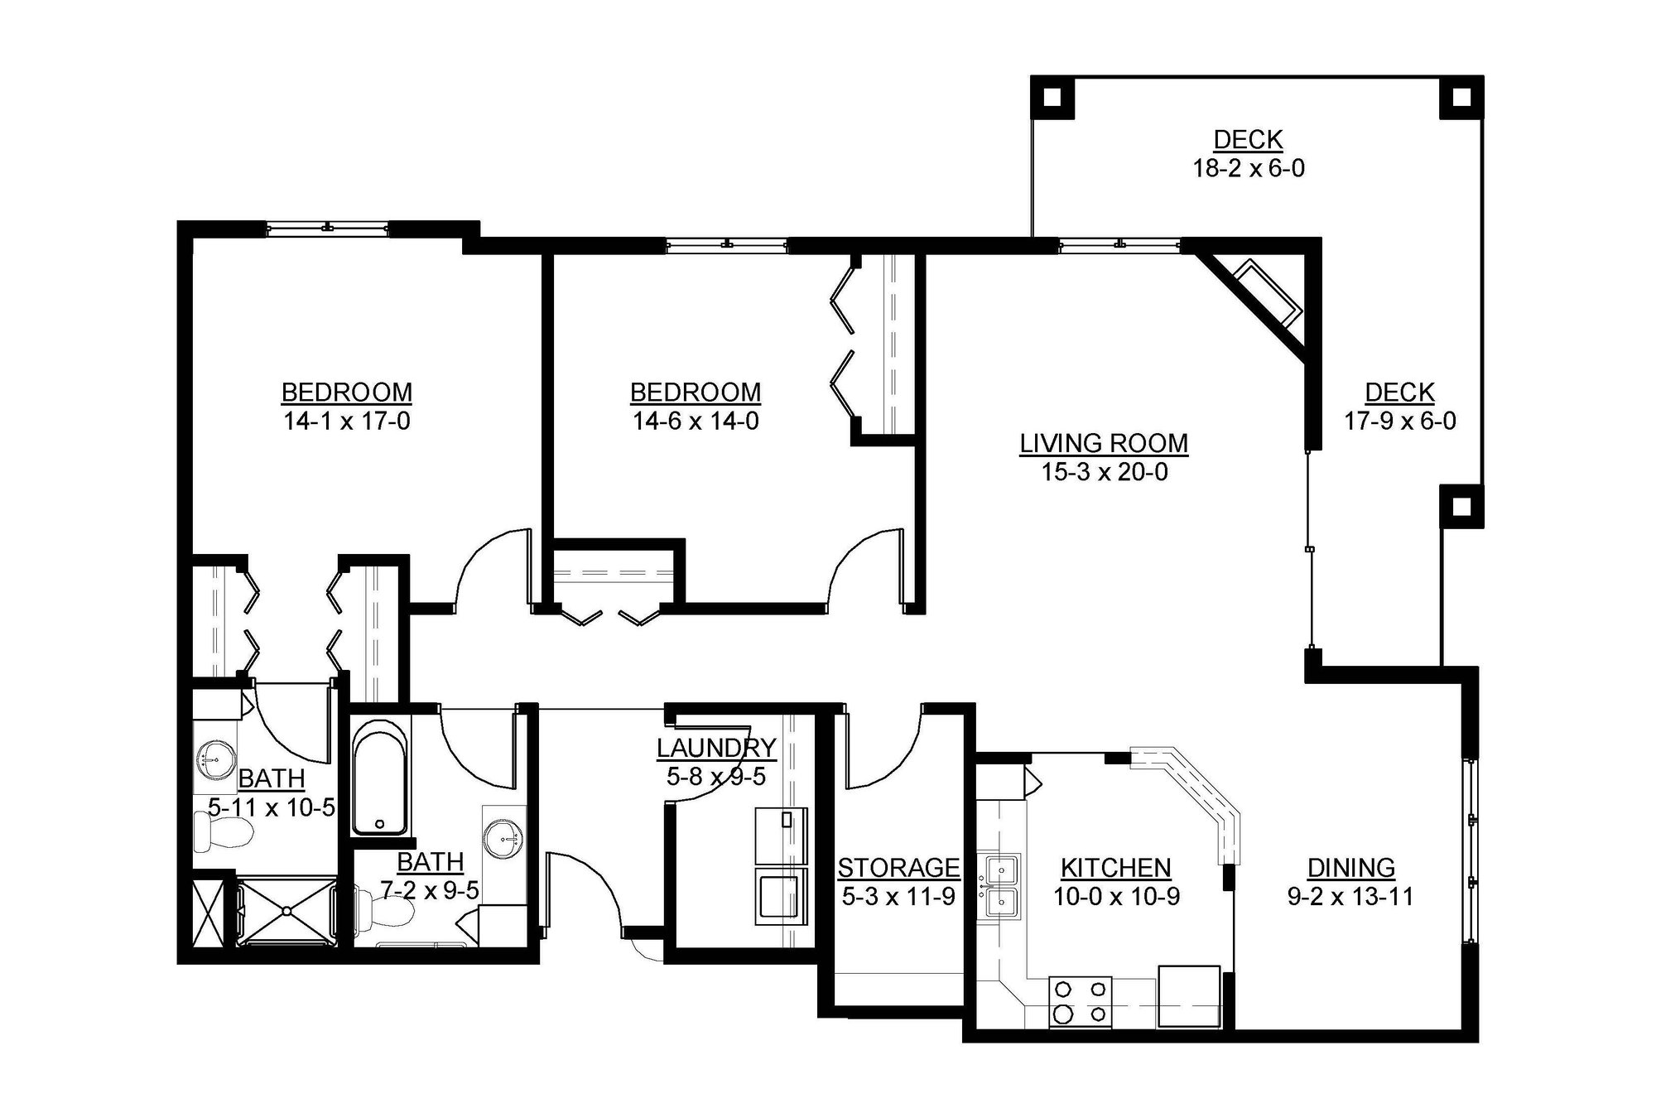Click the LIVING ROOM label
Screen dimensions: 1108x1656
point(1104,444)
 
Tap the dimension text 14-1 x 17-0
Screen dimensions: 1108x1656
point(347,422)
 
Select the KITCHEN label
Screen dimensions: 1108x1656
point(1115,868)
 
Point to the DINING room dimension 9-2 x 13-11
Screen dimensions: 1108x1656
point(1350,896)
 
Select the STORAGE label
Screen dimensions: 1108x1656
point(898,868)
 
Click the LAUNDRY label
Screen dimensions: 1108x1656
point(716,748)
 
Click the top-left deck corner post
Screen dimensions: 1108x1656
point(1052,98)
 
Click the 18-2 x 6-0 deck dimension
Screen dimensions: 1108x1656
point(1248,169)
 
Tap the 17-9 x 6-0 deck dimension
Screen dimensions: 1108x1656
point(1399,422)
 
